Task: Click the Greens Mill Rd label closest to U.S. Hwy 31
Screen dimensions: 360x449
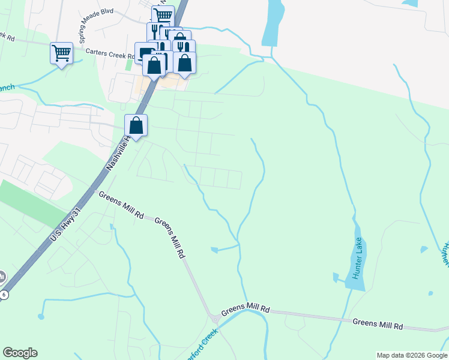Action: pyautogui.click(x=121, y=205)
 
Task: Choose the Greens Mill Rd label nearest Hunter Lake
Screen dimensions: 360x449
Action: pyautogui.click(x=378, y=324)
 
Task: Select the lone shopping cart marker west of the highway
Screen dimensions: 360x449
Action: pyautogui.click(x=61, y=53)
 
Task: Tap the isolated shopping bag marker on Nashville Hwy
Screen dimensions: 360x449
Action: pyautogui.click(x=136, y=125)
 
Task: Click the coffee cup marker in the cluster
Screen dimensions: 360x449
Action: pyautogui.click(x=145, y=53)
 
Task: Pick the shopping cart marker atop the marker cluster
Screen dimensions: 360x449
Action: pyautogui.click(x=162, y=16)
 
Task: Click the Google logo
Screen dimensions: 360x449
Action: pyautogui.click(x=20, y=353)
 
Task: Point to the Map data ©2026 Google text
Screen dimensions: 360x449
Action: pyautogui.click(x=411, y=355)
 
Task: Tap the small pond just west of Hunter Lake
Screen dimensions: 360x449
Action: pyautogui.click(x=336, y=277)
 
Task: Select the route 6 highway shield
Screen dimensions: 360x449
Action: pyautogui.click(x=4, y=294)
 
